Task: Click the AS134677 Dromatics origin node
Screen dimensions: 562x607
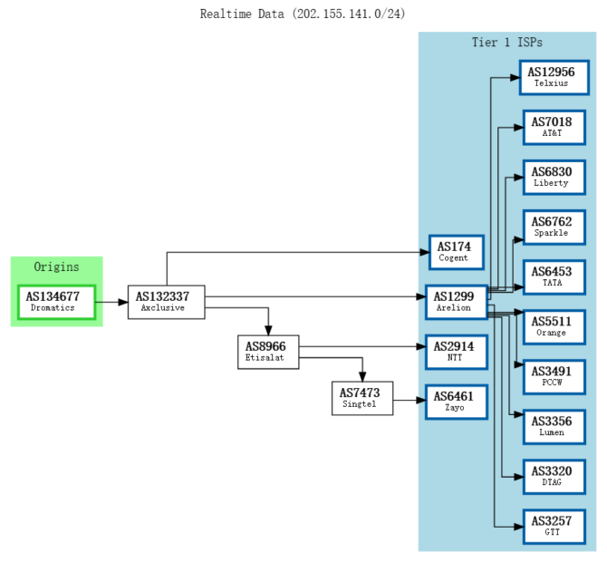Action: point(57,301)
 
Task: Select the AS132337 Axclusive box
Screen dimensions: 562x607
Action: point(166,301)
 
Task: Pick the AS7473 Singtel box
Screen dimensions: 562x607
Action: point(362,398)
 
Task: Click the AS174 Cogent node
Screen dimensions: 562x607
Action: point(456,251)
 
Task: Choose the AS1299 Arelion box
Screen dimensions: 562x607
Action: point(456,301)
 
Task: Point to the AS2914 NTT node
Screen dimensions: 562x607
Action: point(456,351)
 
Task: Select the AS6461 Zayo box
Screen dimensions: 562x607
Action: point(456,401)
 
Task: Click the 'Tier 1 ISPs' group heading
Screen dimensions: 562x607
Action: point(506,43)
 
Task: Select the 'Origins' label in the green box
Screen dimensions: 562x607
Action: point(56,266)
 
